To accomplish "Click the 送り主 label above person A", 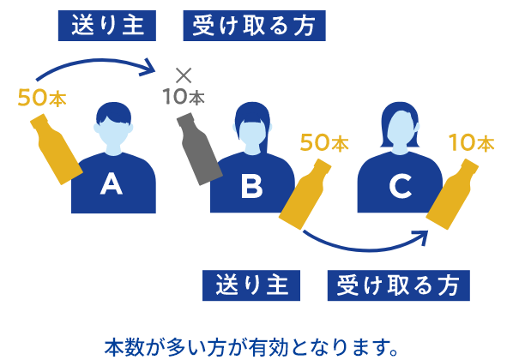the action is (x=107, y=26).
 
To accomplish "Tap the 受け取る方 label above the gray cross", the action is (x=254, y=26).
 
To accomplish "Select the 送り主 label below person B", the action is (x=251, y=285).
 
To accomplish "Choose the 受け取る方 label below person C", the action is (x=399, y=285).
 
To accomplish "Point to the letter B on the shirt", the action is (x=251, y=186).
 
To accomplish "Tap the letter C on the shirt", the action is (x=400, y=186).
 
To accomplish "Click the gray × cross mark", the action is (x=184, y=75).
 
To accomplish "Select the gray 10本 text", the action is (x=184, y=97).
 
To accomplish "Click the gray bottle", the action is (x=199, y=149).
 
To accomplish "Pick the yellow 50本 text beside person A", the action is (x=42, y=98).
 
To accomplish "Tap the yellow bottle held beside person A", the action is (x=56, y=149).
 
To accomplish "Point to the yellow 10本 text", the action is (x=472, y=143).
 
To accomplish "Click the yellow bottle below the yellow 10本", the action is (x=452, y=195).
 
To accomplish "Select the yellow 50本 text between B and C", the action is (x=324, y=143).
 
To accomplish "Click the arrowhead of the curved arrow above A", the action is (x=149, y=68).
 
